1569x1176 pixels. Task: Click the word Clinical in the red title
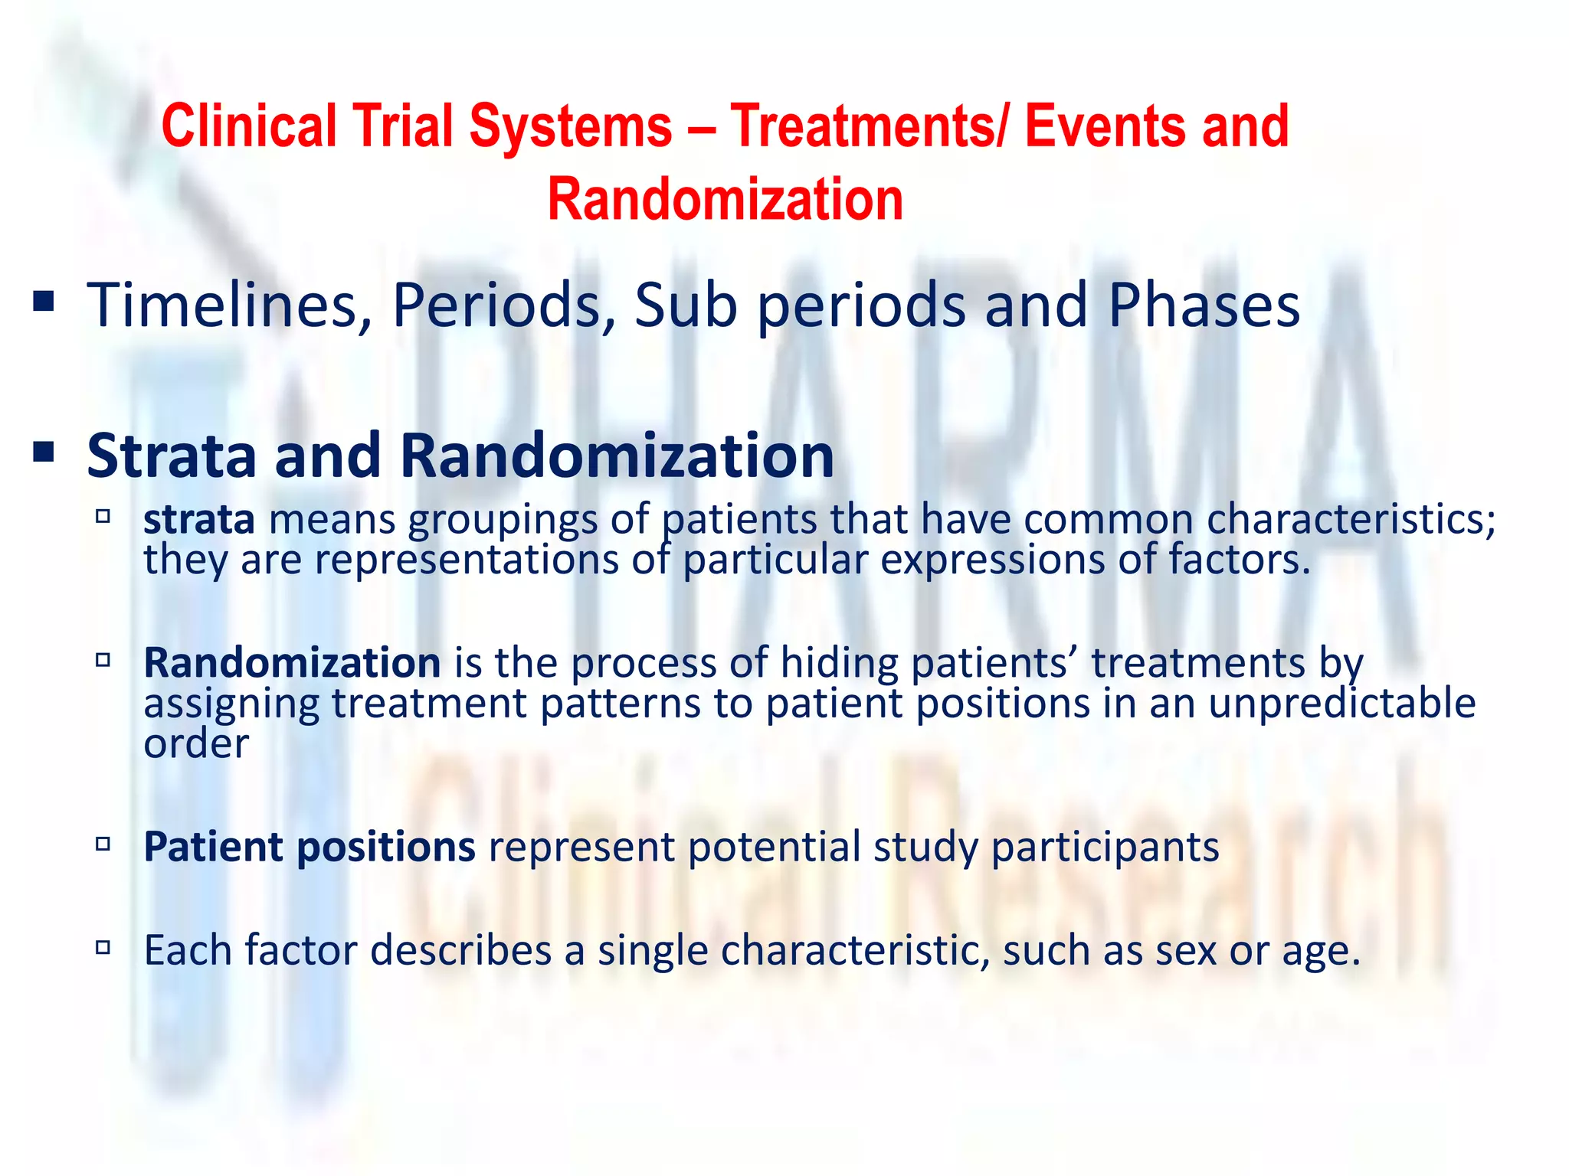coord(249,126)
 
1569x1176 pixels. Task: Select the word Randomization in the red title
coord(726,200)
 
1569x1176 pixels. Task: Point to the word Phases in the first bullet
coord(1204,305)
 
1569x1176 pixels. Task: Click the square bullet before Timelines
coord(44,302)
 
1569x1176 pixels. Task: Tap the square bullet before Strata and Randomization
coord(44,452)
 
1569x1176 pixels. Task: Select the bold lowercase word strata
coord(199,519)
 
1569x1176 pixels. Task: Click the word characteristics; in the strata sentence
coord(1351,519)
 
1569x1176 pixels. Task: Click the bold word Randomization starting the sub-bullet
coord(292,662)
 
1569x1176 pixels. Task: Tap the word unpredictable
coord(1341,703)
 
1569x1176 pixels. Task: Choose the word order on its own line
coord(196,743)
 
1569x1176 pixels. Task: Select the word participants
coord(1105,847)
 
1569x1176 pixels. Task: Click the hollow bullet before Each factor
coord(103,948)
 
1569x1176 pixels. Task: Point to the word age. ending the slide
coord(1322,952)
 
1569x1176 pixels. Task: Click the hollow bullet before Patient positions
coord(103,844)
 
